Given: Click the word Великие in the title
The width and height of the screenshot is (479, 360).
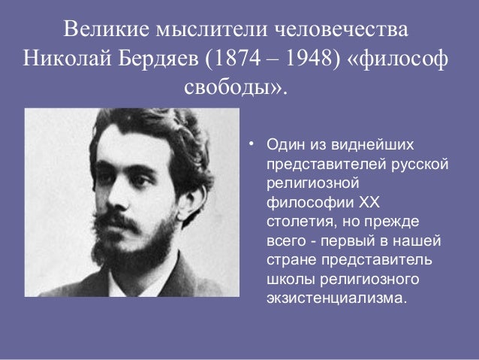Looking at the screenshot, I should [106, 31].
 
